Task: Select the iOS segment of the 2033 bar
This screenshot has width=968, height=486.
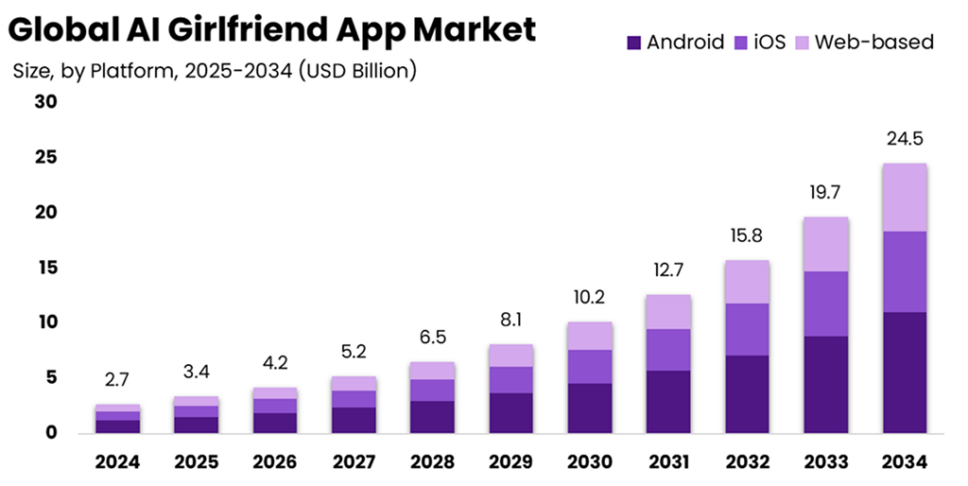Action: click(824, 304)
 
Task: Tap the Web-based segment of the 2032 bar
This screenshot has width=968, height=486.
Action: click(747, 282)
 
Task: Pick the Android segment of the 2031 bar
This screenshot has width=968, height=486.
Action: click(668, 401)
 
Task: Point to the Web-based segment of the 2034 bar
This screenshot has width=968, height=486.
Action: click(903, 198)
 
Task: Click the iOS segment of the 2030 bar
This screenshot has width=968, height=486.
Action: click(590, 366)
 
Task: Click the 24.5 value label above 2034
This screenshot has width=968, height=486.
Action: click(904, 139)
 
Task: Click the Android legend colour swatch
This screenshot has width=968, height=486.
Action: click(634, 43)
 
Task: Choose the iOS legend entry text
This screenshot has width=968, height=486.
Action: click(769, 43)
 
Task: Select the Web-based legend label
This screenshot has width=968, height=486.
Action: click(873, 43)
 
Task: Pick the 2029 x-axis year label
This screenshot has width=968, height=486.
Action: click(511, 462)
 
